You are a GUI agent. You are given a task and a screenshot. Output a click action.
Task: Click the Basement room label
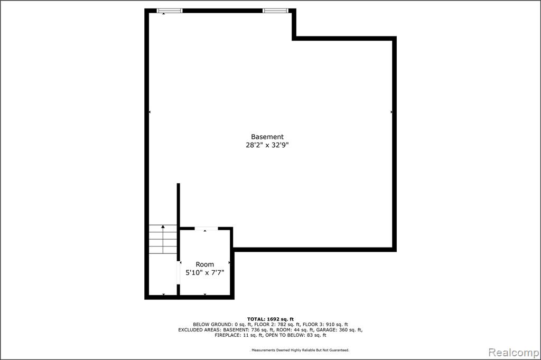267,137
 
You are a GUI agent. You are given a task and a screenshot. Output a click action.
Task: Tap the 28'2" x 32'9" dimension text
267,145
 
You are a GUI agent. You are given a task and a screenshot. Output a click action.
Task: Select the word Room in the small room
204,264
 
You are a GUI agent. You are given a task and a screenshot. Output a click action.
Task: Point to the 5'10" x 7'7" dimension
205,273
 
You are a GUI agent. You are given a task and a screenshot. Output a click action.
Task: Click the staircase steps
163,239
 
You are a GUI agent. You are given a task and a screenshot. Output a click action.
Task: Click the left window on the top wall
170,11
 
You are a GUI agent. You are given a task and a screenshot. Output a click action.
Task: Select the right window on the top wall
275,11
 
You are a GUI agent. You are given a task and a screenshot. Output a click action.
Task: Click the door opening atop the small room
207,229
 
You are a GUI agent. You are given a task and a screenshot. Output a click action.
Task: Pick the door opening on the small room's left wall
179,272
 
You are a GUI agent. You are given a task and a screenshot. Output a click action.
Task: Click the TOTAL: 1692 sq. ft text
270,319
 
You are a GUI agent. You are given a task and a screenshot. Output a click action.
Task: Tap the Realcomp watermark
514,353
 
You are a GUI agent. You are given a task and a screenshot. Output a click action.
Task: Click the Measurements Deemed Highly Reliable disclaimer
300,350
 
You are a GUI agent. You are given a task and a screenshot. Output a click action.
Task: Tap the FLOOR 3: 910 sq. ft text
325,325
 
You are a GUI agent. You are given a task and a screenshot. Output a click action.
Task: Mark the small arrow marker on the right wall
391,112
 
